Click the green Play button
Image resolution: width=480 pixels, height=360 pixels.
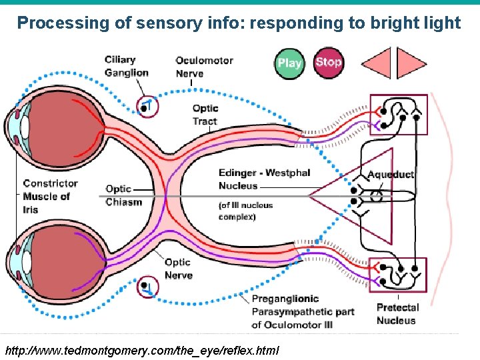tap(289, 63)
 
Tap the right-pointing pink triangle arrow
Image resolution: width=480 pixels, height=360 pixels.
tap(409, 63)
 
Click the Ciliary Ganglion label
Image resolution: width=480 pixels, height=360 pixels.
tap(126, 66)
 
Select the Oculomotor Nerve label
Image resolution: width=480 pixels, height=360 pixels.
tap(204, 67)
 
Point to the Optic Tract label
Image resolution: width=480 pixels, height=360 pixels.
tap(205, 115)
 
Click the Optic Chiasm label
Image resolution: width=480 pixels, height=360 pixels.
tap(123, 195)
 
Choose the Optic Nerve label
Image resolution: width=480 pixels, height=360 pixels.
tap(178, 269)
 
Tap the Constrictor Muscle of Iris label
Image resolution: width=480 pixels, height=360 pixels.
tap(50, 196)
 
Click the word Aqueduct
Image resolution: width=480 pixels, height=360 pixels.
tap(391, 175)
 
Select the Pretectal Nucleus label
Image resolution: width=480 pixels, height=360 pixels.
tap(397, 314)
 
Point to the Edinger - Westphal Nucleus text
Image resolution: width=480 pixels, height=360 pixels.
tap(264, 179)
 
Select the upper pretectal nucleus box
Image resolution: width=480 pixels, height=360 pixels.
tap(399, 114)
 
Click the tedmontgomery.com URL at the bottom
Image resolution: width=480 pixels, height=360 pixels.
tap(142, 350)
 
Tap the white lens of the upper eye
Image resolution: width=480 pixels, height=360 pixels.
tap(25, 126)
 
